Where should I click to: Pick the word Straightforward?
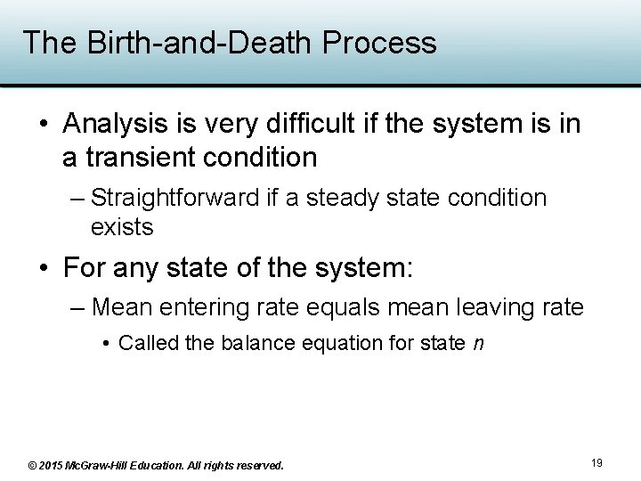(174, 198)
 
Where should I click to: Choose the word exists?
(122, 227)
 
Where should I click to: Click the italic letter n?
(478, 344)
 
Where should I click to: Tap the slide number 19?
(596, 463)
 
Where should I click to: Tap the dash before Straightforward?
(77, 198)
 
